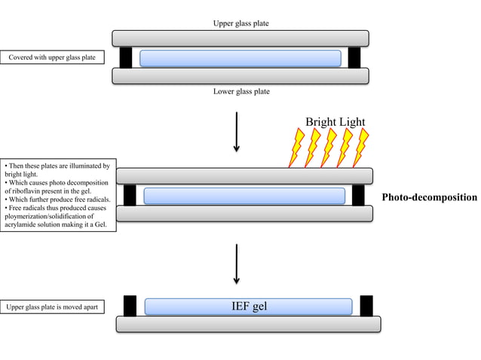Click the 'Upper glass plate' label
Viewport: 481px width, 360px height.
point(240,23)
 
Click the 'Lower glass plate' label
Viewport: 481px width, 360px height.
point(240,91)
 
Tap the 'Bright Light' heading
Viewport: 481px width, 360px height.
point(335,122)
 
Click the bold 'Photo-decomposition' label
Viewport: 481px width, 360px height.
point(429,197)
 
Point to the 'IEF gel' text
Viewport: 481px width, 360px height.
point(249,306)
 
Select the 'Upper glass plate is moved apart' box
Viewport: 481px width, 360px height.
point(52,307)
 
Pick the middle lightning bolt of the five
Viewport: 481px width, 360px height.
point(329,148)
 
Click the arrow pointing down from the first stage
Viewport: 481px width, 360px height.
point(237,132)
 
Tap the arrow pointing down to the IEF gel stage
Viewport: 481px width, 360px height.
point(237,263)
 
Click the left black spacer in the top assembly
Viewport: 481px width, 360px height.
point(125,57)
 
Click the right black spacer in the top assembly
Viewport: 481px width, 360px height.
point(354,57)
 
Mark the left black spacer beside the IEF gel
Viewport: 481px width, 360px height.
point(130,306)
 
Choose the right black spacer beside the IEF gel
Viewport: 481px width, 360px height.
point(366,306)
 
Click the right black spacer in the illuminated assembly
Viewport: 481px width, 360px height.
point(358,195)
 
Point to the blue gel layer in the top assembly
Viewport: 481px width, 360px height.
point(240,58)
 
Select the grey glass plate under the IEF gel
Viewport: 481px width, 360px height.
point(248,324)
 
